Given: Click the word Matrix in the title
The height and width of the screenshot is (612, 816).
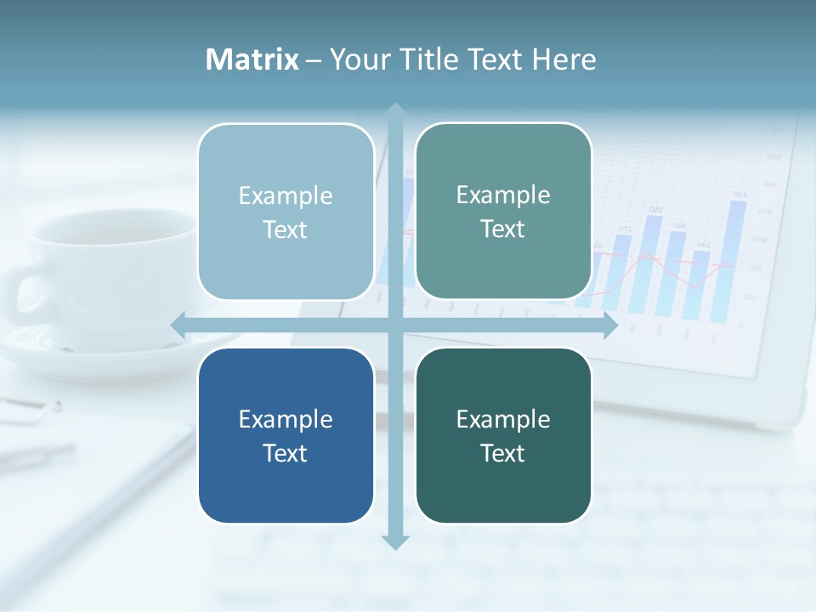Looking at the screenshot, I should click(x=252, y=59).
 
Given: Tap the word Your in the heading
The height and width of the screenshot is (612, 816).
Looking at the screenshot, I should click(x=358, y=59).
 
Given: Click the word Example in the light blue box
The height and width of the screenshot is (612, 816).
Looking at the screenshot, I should click(x=286, y=195).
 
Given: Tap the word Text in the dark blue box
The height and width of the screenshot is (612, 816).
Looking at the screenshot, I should click(x=286, y=453).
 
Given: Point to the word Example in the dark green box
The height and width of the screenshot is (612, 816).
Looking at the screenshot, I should click(x=503, y=419).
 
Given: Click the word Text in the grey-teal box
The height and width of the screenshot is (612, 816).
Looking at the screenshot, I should click(x=503, y=229).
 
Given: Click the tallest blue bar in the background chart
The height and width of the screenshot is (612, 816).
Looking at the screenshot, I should click(x=737, y=255).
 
